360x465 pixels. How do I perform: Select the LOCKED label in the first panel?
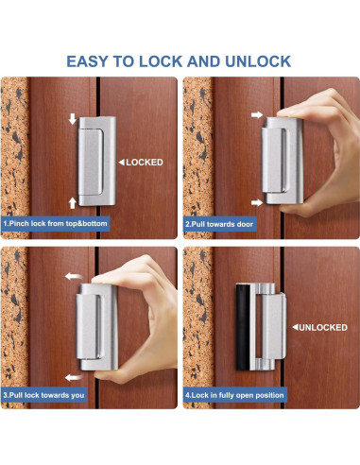(x=144, y=163)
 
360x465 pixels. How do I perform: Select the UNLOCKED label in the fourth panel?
(x=324, y=327)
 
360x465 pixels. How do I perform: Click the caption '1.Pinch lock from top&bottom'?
(x=59, y=223)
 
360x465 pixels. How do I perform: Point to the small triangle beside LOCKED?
(x=119, y=163)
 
